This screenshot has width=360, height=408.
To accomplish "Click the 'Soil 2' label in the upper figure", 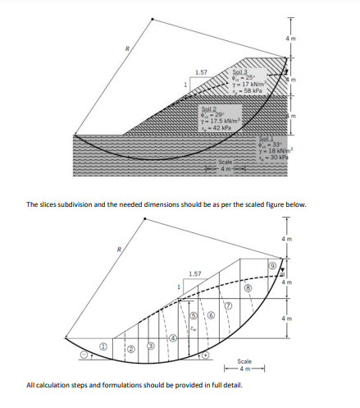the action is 209,108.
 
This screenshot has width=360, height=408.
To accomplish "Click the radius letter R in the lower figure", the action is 120,249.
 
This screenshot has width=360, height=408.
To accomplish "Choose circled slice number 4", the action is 172,337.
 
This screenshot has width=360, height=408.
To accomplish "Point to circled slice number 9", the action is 273,264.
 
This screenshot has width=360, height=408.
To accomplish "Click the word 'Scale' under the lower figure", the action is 244,360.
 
